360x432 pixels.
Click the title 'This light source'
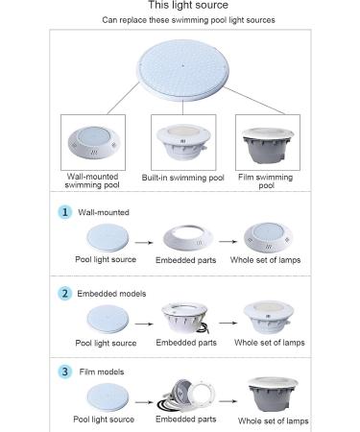(x=188, y=5)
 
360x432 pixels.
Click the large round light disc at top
(x=183, y=71)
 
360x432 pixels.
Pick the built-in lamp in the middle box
(x=182, y=142)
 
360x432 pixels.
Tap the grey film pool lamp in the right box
(x=268, y=146)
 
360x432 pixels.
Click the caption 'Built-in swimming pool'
(x=182, y=178)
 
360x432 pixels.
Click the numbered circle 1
(x=65, y=212)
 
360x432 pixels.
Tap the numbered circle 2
(x=65, y=294)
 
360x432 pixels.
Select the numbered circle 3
(x=65, y=372)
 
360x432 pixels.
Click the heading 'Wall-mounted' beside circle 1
(x=104, y=212)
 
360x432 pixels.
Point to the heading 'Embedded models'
(x=111, y=294)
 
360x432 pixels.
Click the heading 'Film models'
(x=102, y=372)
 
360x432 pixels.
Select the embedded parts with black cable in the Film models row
(x=185, y=396)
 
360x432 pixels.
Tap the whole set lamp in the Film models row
(x=273, y=395)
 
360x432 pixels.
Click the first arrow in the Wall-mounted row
(x=144, y=243)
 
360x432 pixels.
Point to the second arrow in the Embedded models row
(x=228, y=323)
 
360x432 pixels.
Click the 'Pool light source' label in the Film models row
(x=104, y=420)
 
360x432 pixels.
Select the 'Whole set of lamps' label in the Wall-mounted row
(x=265, y=260)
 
